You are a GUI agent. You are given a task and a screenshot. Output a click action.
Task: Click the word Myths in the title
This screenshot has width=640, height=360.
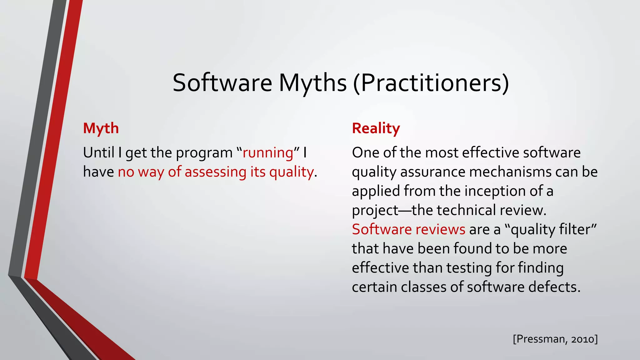pyautogui.click(x=312, y=83)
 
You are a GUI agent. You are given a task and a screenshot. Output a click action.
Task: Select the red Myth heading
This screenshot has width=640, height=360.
pyautogui.click(x=101, y=128)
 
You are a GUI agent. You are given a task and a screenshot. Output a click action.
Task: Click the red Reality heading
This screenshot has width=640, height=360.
pyautogui.click(x=376, y=128)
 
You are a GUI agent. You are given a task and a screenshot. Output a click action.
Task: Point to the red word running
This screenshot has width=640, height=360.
pyautogui.click(x=268, y=153)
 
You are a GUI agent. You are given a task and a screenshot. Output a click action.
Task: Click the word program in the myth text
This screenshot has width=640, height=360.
pyautogui.click(x=204, y=153)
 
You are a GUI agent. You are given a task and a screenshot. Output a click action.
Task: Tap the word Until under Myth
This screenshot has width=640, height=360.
pyautogui.click(x=98, y=153)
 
